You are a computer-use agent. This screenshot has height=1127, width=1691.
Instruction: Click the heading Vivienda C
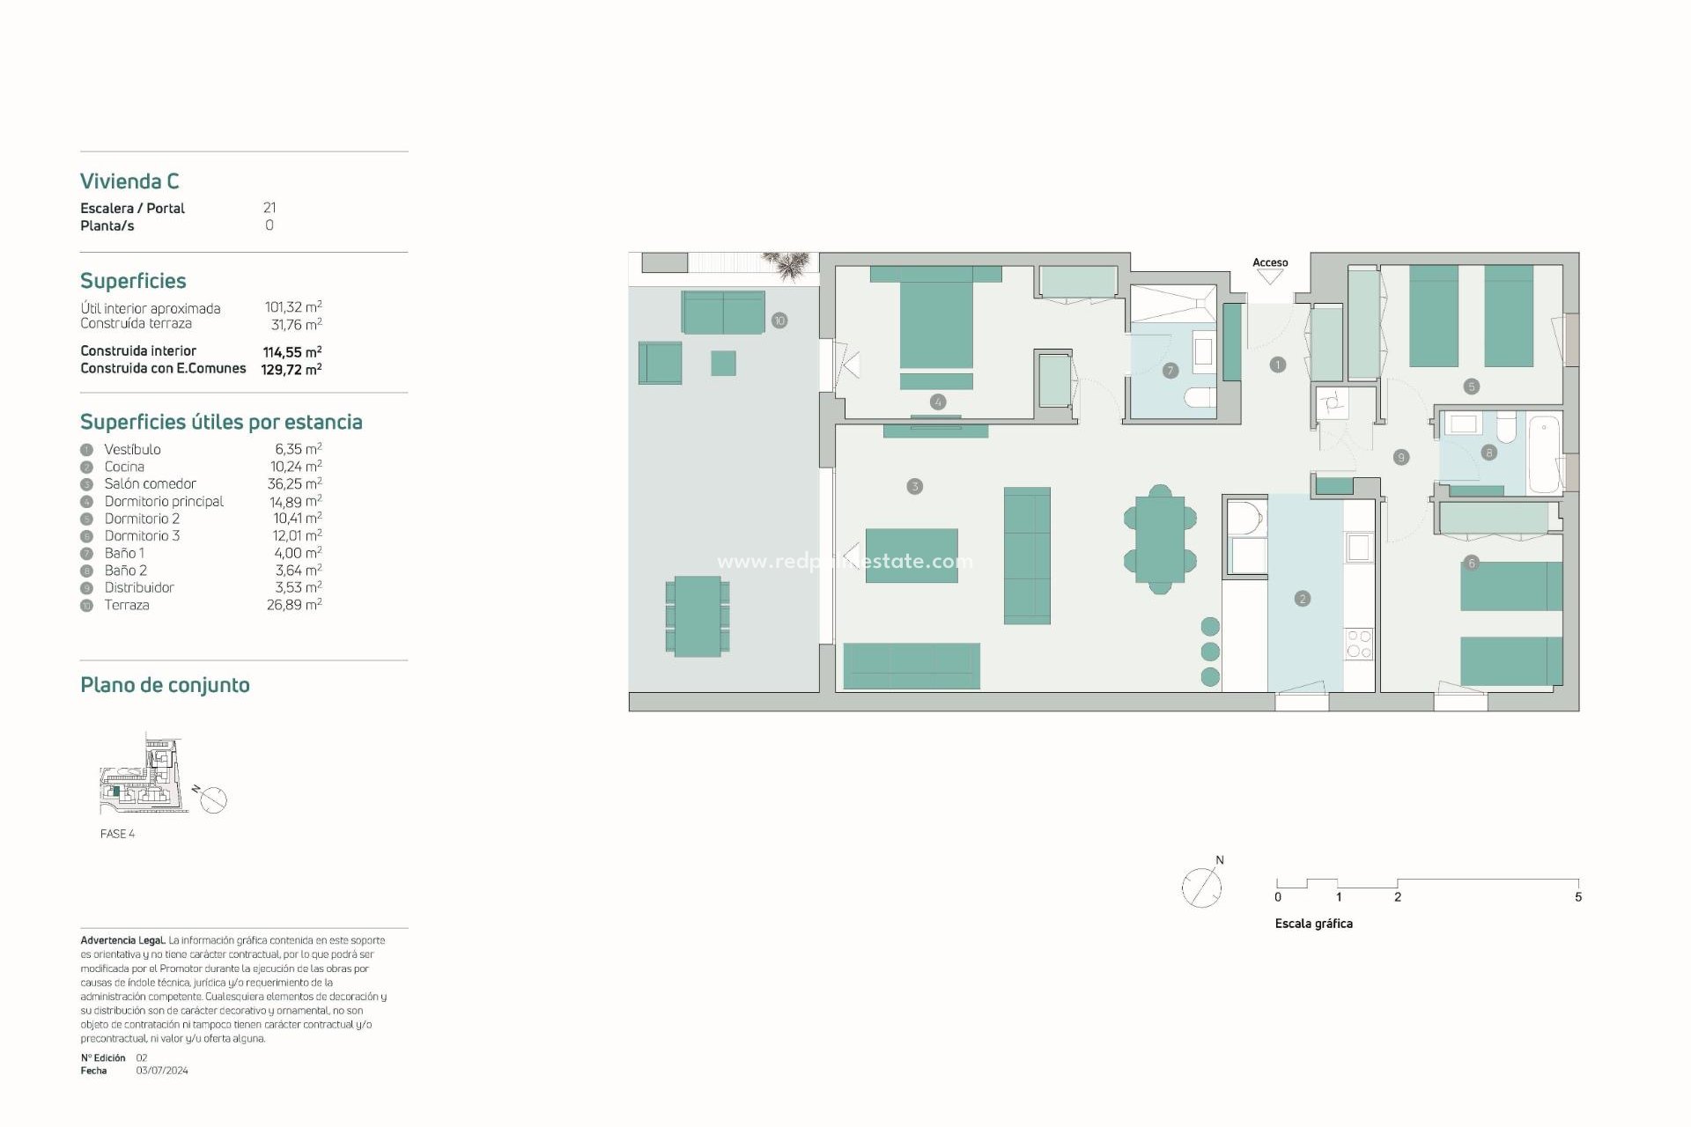click(x=129, y=181)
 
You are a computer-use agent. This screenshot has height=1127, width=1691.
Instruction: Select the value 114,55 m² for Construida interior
click(x=292, y=351)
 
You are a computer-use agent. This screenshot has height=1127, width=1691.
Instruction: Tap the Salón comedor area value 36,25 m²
click(x=294, y=483)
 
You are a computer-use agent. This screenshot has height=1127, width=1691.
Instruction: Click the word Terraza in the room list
click(x=127, y=605)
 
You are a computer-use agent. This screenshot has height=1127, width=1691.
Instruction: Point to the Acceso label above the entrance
click(x=1270, y=262)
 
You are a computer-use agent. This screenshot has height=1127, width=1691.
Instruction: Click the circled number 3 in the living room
click(x=915, y=486)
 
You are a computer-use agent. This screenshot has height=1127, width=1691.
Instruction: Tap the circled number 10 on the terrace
click(x=779, y=320)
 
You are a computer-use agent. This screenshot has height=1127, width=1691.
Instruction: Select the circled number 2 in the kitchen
click(x=1303, y=599)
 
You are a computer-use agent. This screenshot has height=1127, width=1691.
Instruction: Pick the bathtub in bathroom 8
click(x=1544, y=455)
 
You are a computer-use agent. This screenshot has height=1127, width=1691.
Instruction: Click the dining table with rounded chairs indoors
click(x=1160, y=539)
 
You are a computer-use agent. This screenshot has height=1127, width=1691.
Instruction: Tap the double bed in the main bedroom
click(x=936, y=321)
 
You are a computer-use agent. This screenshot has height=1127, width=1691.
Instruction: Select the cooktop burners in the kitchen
click(x=1359, y=644)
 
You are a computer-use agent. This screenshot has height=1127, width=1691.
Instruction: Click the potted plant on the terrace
click(x=786, y=264)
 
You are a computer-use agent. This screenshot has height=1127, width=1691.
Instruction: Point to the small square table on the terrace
click(x=723, y=363)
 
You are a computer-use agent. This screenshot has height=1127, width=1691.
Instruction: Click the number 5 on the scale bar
click(x=1578, y=897)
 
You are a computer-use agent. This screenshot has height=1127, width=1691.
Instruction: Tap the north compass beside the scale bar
click(x=1202, y=887)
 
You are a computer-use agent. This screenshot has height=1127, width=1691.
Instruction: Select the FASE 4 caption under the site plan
click(x=117, y=834)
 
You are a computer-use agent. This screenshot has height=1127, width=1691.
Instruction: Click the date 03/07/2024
click(x=162, y=1071)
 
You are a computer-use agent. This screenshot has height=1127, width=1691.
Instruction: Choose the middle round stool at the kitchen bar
click(x=1210, y=652)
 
